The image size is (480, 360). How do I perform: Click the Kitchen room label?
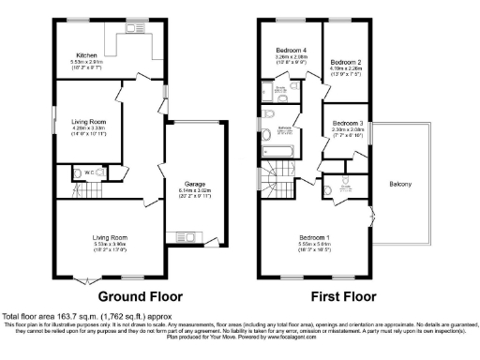pos(86,55)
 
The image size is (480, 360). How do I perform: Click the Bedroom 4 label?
pos(291,50)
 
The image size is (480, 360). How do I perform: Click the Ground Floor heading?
pos(140,295)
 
